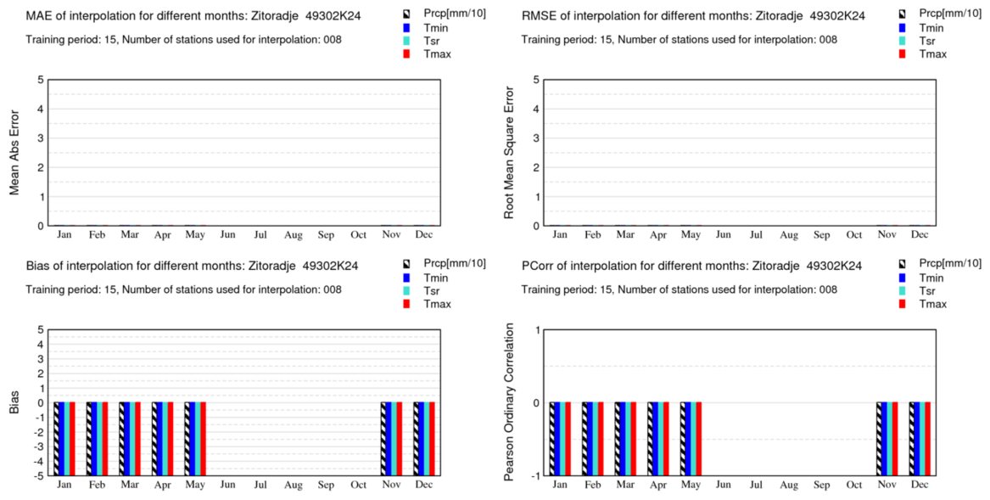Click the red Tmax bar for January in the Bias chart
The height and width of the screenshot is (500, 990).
click(x=73, y=438)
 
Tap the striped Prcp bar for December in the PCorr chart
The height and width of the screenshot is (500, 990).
click(x=912, y=438)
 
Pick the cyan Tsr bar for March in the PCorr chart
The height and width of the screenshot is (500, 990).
click(x=628, y=438)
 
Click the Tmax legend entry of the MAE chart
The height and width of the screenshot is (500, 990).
click(x=437, y=54)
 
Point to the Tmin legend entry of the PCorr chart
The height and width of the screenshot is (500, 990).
click(x=931, y=278)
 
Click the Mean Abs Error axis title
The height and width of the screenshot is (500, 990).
click(x=15, y=153)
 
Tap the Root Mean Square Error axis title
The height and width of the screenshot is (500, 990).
click(x=510, y=153)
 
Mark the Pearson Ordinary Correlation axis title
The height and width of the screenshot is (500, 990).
click(x=510, y=402)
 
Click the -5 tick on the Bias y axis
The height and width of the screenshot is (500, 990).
click(x=39, y=475)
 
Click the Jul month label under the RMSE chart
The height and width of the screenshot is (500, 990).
click(x=756, y=234)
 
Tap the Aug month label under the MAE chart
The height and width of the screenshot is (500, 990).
click(x=294, y=234)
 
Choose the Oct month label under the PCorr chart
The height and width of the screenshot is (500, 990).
click(x=854, y=485)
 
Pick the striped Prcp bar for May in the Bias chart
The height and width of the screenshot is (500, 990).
click(x=187, y=438)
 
